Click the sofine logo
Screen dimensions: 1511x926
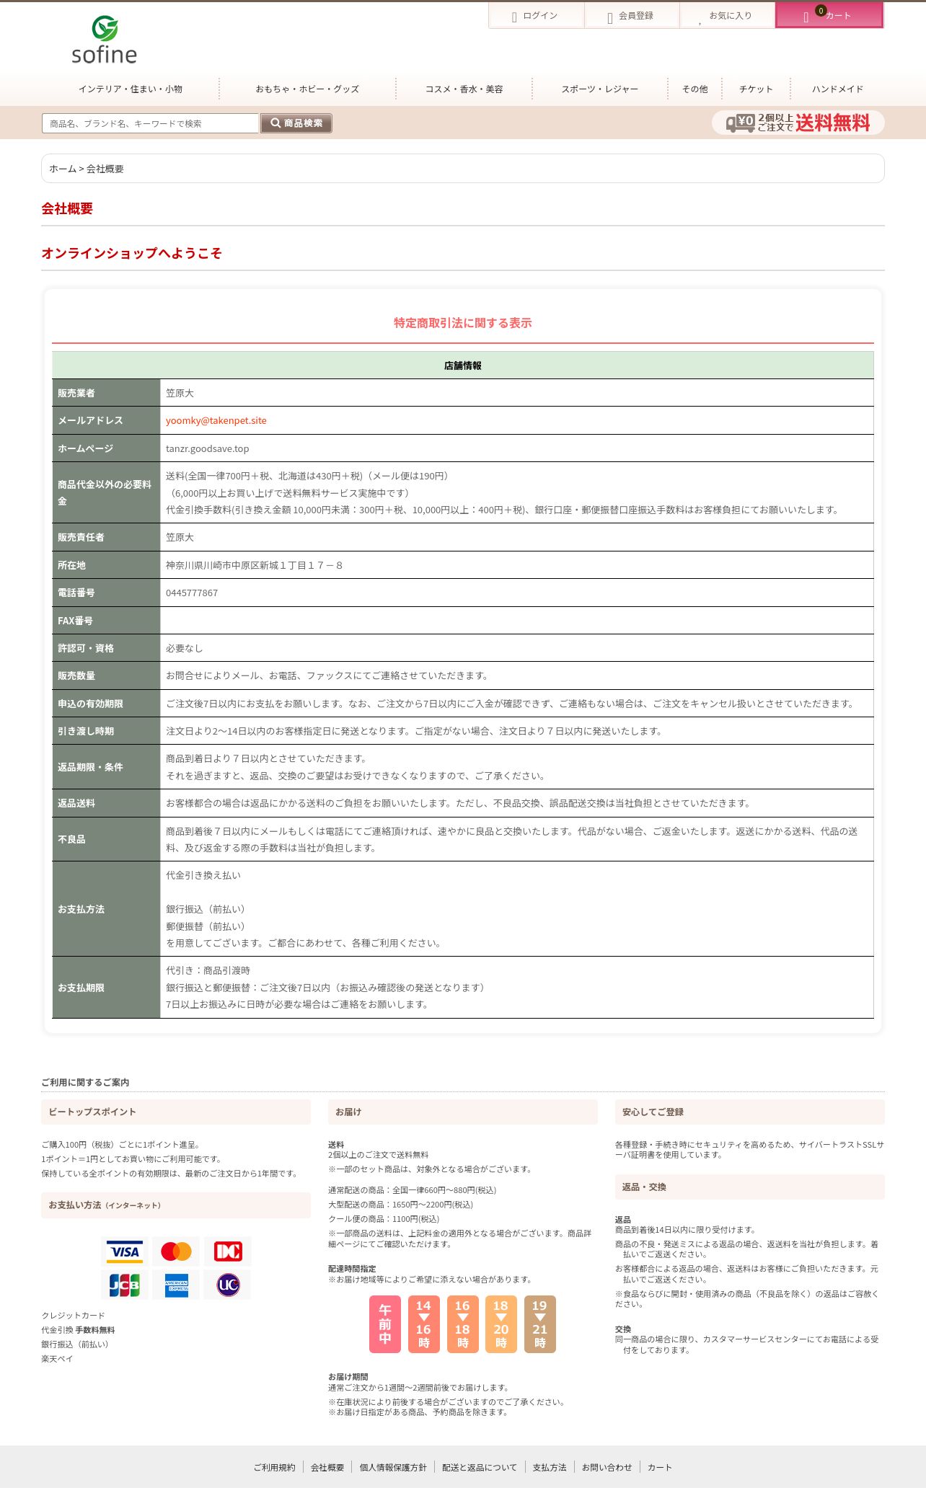[x=105, y=40]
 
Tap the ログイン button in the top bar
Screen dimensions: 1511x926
[x=536, y=16]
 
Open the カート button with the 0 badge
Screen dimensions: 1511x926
[x=829, y=16]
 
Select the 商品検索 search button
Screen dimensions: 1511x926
[x=296, y=123]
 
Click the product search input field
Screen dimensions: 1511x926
[x=150, y=123]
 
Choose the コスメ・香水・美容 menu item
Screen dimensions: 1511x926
[x=464, y=89]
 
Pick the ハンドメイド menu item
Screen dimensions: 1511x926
[x=837, y=89]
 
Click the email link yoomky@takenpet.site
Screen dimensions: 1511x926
[x=216, y=421]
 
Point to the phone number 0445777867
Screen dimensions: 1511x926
[x=192, y=593]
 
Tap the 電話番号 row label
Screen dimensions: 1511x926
[x=76, y=593]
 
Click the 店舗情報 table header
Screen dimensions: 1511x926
[x=462, y=365]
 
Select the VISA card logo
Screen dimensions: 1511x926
[x=124, y=1252]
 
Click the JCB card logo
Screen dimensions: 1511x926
[x=124, y=1285]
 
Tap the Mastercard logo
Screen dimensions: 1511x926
[x=176, y=1252]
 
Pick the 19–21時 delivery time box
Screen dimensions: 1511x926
[x=539, y=1324]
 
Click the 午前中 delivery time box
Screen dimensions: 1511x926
[x=385, y=1324]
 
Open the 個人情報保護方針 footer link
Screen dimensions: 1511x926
[x=393, y=1468]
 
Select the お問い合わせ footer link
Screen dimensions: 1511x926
[x=607, y=1468]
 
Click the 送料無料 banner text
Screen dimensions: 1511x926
[x=832, y=123]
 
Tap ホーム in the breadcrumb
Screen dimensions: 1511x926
[x=62, y=169]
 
